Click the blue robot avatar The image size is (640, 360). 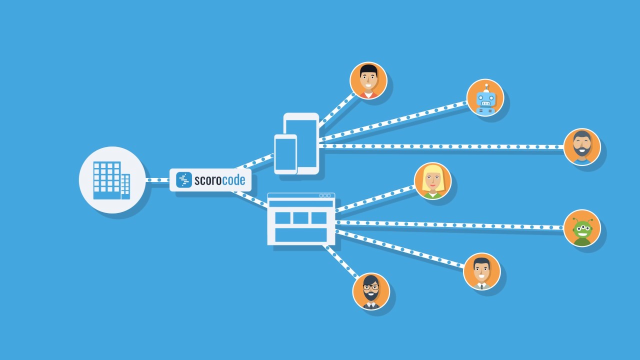[484, 97]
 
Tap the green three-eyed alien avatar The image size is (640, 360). [582, 228]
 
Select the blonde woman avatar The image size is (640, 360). [432, 181]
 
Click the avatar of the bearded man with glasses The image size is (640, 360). [371, 291]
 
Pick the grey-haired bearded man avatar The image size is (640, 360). [582, 147]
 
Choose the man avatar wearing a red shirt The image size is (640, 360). [368, 80]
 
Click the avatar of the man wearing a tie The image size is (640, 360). [481, 271]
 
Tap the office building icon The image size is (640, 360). [112, 180]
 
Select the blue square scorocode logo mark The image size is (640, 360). [184, 180]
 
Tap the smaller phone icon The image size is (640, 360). [285, 154]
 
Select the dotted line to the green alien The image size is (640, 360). [450, 224]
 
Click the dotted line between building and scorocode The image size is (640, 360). [157, 180]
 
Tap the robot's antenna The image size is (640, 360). [485, 86]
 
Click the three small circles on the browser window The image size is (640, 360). [325, 195]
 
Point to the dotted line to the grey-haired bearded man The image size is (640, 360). [440, 146]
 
